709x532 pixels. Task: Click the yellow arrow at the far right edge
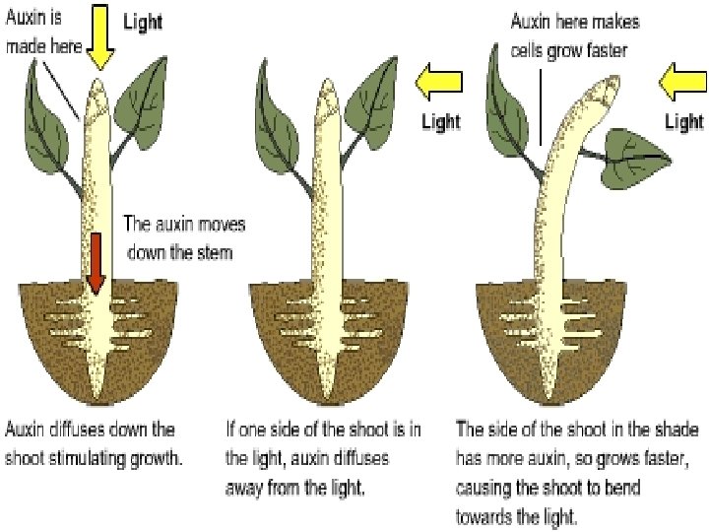pos(683,83)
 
